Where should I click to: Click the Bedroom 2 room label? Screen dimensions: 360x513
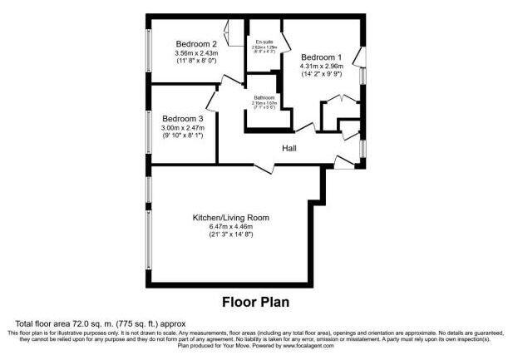coord(196,44)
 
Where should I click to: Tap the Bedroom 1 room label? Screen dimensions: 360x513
coord(321,57)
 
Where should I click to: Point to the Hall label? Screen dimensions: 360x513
coord(289,149)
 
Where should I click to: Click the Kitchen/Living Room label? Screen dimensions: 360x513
coord(231,217)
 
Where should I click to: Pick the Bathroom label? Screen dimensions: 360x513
coord(264,97)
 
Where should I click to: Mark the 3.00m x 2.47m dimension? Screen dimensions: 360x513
coord(183,127)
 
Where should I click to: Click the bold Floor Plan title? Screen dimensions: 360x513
coord(255,301)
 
